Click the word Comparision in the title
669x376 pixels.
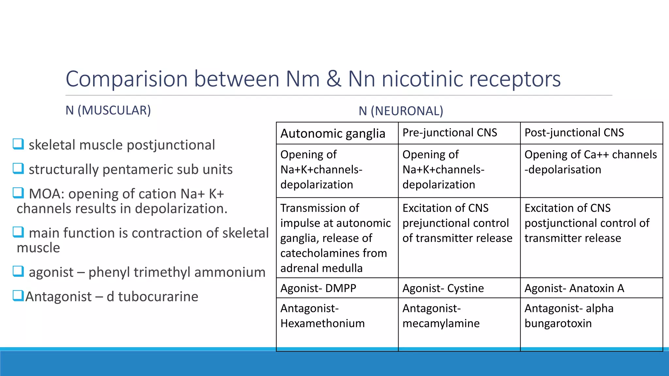127,79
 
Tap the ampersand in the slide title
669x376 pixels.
334,79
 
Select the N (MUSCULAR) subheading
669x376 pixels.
108,110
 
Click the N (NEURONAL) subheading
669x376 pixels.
401,111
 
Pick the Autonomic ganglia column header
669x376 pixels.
333,133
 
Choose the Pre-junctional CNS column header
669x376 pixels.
449,133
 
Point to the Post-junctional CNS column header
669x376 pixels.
574,133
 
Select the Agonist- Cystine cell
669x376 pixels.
443,288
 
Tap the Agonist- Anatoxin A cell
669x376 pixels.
574,288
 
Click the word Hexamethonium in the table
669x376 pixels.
322,323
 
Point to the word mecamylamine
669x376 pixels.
441,323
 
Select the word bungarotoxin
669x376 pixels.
558,323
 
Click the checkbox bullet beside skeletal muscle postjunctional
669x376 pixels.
18,144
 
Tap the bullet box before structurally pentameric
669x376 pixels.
18,168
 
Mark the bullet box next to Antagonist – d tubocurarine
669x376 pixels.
18,295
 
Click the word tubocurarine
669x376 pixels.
158,296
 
